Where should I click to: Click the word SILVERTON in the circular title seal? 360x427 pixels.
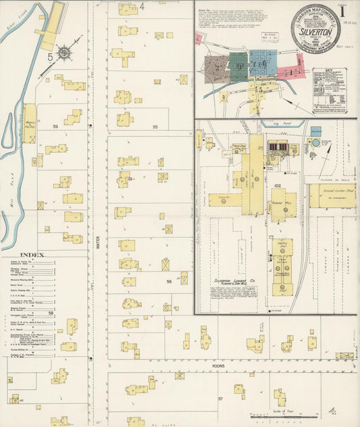[319, 32]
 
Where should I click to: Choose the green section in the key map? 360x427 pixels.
[238, 65]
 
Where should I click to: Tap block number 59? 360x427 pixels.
[57, 126]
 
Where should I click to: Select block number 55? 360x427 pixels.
[155, 126]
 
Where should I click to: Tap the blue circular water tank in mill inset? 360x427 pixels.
[314, 143]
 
